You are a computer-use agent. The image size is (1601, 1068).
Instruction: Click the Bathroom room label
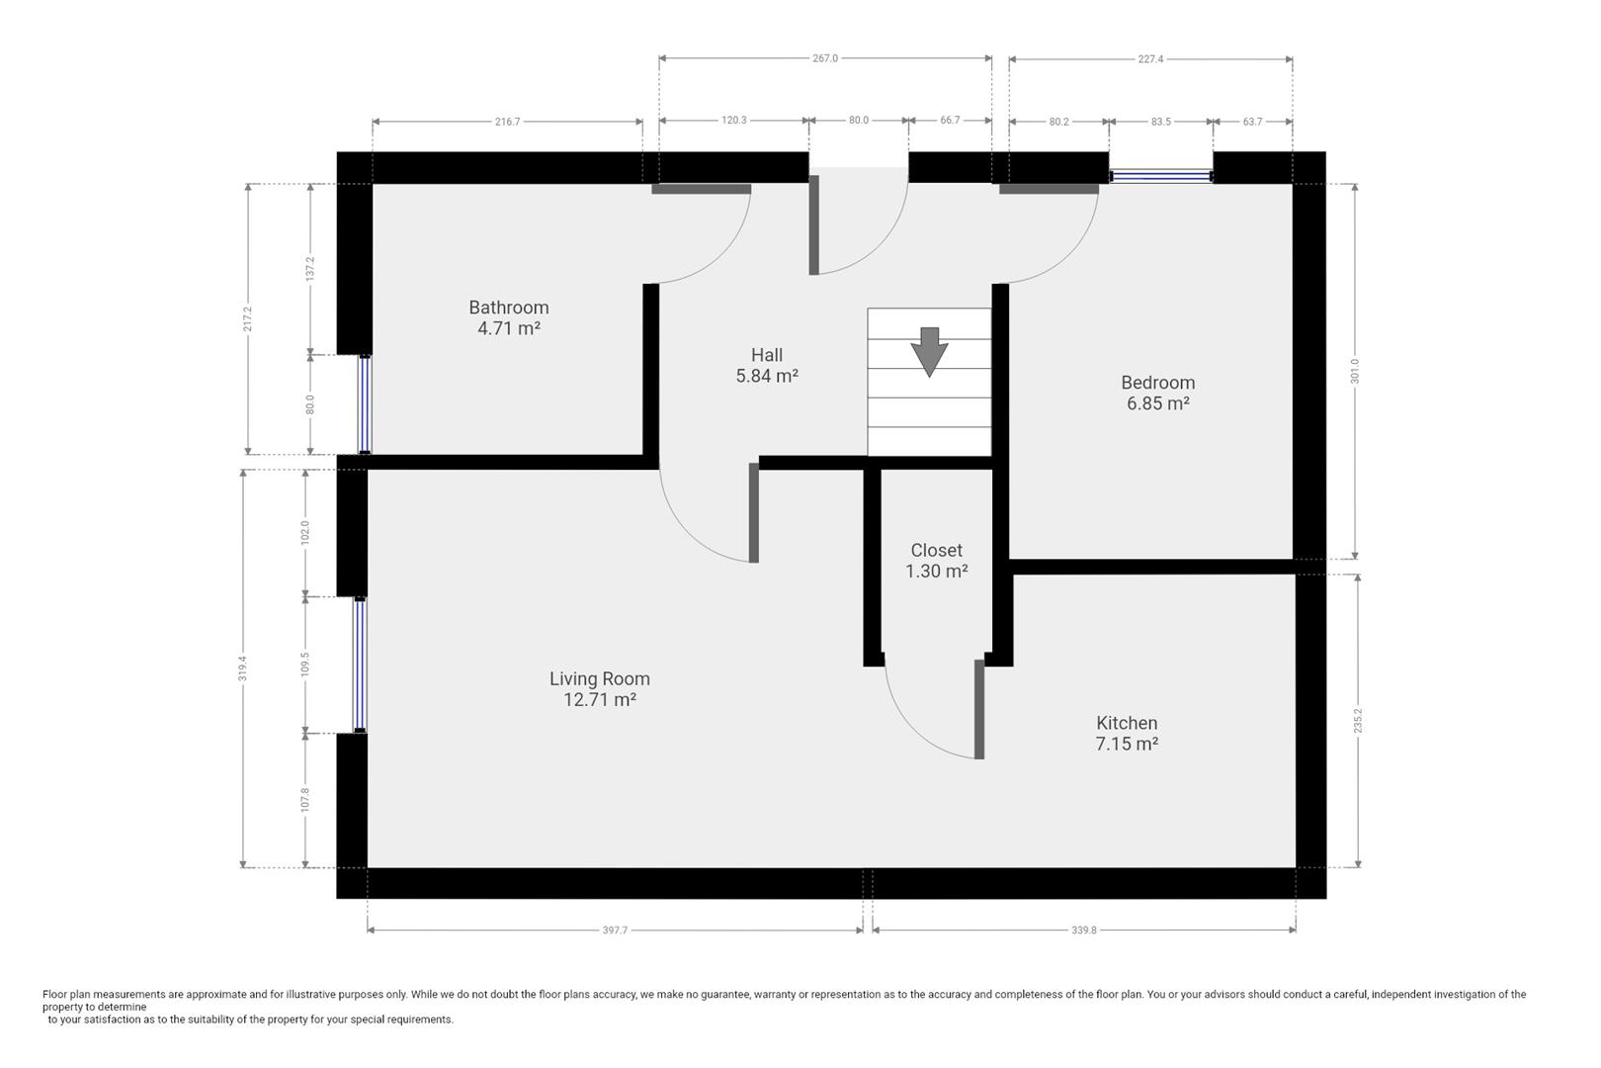tap(508, 308)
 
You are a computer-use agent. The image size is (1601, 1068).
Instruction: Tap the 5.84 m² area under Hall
tap(767, 376)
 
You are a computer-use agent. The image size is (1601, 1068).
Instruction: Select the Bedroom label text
tap(1157, 383)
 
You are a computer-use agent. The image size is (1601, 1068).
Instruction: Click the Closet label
tap(936, 550)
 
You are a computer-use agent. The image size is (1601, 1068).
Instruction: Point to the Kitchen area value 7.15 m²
tap(1127, 744)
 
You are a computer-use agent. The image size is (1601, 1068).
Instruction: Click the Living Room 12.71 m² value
tap(599, 699)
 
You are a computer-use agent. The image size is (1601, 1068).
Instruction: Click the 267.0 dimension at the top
tap(825, 58)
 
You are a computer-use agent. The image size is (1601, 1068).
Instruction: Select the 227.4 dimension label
tap(1150, 59)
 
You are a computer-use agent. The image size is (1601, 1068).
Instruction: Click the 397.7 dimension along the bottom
tap(615, 931)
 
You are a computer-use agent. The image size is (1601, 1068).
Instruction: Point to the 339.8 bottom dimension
tap(1084, 931)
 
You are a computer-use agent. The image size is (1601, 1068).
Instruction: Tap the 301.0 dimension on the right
tap(1356, 371)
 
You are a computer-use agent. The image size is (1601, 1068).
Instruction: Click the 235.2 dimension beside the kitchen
tap(1358, 720)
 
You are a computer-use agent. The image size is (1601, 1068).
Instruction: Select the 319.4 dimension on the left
tap(242, 667)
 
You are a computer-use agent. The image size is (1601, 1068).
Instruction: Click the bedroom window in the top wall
tap(1160, 176)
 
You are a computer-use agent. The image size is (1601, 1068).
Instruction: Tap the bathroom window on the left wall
tap(364, 403)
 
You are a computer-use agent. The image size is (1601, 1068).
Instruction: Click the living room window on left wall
tap(360, 665)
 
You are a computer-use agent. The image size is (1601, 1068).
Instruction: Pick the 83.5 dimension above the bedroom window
tap(1161, 122)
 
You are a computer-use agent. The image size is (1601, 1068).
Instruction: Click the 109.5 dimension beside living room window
tap(305, 664)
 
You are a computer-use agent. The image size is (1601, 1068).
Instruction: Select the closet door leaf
tap(978, 709)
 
